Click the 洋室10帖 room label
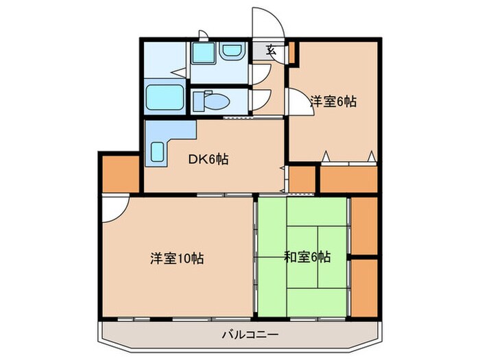tap(177, 259)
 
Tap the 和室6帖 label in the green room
tap(307, 258)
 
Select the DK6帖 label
tap(208, 160)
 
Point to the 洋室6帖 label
tap(333, 101)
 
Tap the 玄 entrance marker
tap(271, 49)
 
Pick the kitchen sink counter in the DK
tap(158, 149)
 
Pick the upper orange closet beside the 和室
tap(364, 226)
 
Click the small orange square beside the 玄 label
tap(291, 51)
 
